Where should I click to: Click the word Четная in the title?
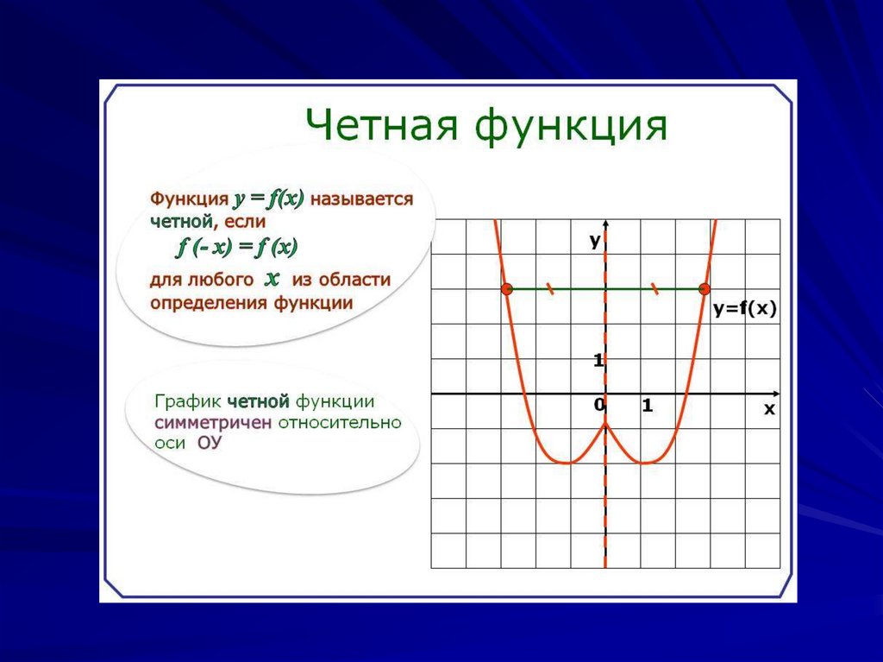tap(382, 124)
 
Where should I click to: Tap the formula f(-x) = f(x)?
tap(237, 247)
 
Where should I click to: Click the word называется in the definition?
tap(361, 199)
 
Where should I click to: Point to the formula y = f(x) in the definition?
tap(269, 199)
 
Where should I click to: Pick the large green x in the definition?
tap(272, 279)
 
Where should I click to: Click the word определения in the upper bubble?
tap(209, 303)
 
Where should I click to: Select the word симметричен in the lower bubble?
tap(214, 422)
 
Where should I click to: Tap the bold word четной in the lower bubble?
tap(259, 401)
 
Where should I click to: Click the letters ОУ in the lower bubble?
tap(210, 443)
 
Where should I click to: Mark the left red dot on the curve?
tap(507, 289)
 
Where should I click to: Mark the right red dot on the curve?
tap(704, 289)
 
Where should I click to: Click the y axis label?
tap(595, 242)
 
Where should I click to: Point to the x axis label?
tap(769, 409)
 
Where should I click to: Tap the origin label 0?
tap(598, 404)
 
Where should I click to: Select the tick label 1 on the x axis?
tap(647, 405)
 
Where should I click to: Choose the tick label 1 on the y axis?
tap(598, 360)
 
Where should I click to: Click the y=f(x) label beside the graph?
tap(745, 309)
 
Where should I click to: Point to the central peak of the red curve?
tap(605, 423)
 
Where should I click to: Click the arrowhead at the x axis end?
tap(777, 394)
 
